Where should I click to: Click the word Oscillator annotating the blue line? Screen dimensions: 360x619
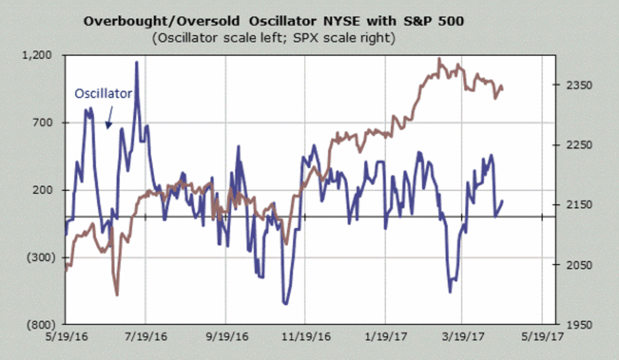click(x=103, y=93)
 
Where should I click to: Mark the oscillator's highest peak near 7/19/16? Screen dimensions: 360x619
click(x=137, y=62)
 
